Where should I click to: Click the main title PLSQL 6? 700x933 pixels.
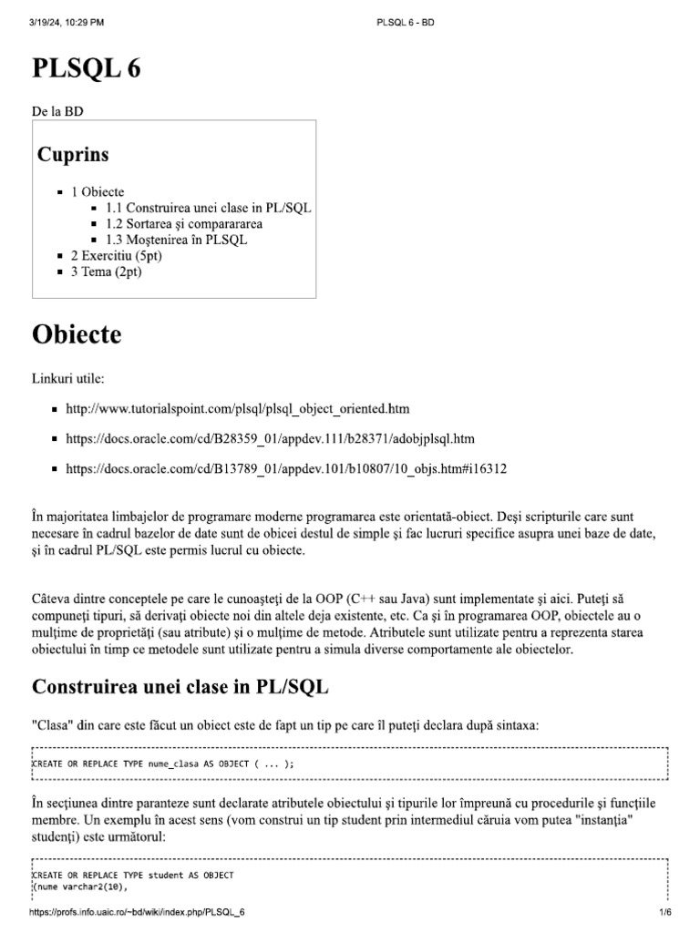click(x=87, y=68)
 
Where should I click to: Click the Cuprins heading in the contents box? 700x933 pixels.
click(x=73, y=155)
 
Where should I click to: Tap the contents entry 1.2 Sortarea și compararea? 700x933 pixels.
click(x=183, y=224)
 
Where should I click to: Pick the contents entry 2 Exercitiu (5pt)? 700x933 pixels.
click(x=116, y=256)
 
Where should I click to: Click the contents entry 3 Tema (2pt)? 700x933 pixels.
click(x=106, y=272)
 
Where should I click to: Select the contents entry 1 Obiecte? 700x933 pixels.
click(x=98, y=192)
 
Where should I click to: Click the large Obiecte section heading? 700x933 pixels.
click(x=77, y=334)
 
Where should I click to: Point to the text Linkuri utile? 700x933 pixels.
click(x=71, y=377)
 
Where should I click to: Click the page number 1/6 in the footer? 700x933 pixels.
click(x=664, y=912)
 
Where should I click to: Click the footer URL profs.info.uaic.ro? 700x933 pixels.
click(x=138, y=912)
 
